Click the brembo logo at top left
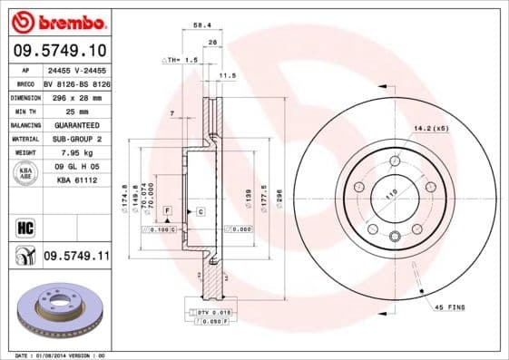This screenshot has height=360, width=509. coord(58,20)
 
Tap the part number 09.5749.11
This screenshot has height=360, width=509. coord(76,258)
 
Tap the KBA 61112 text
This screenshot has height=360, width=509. coord(76,181)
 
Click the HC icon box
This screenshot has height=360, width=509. coord(25,228)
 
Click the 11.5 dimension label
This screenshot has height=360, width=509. coord(228,76)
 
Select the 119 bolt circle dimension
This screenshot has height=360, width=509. coord(391,192)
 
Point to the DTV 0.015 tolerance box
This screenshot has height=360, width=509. coord(216,312)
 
